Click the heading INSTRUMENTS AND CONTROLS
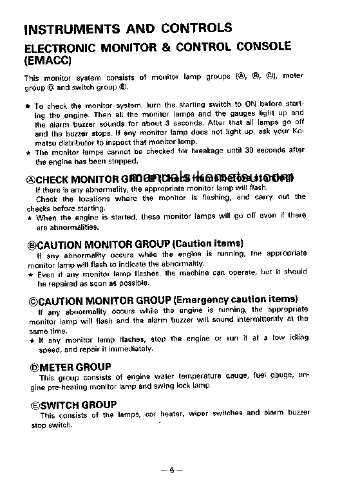click(x=128, y=28)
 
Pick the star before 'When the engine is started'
click(x=30, y=216)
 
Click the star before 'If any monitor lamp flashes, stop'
click(x=30, y=339)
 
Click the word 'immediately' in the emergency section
click(x=131, y=349)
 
